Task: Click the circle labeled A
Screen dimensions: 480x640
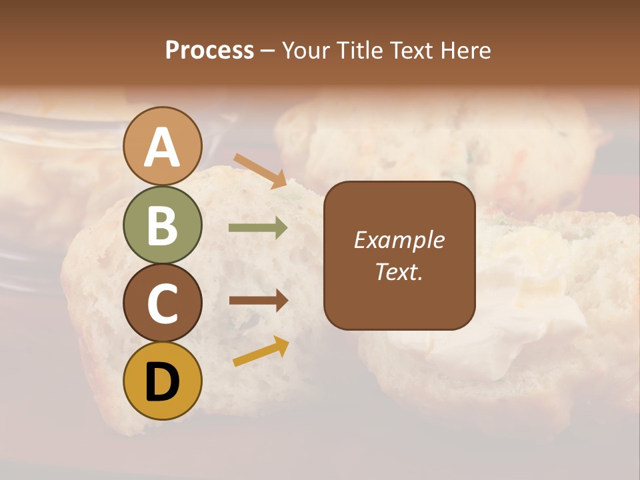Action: click(163, 146)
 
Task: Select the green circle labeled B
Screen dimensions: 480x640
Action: click(163, 225)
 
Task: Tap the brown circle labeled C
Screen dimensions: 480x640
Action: click(163, 303)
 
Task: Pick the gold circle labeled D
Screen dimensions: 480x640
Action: click(163, 381)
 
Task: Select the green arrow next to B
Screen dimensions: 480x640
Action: click(258, 228)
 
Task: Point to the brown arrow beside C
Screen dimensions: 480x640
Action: click(258, 301)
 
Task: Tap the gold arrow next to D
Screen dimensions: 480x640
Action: click(261, 351)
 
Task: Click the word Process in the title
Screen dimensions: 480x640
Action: click(209, 50)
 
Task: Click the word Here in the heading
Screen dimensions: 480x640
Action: click(466, 50)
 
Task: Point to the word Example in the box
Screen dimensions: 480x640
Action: click(399, 240)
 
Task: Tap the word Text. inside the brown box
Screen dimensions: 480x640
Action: click(399, 271)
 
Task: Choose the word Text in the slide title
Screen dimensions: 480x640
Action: click(412, 50)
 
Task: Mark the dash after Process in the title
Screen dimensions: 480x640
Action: click(267, 51)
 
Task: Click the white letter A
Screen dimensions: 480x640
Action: click(163, 147)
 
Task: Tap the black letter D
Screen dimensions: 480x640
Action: click(163, 382)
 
